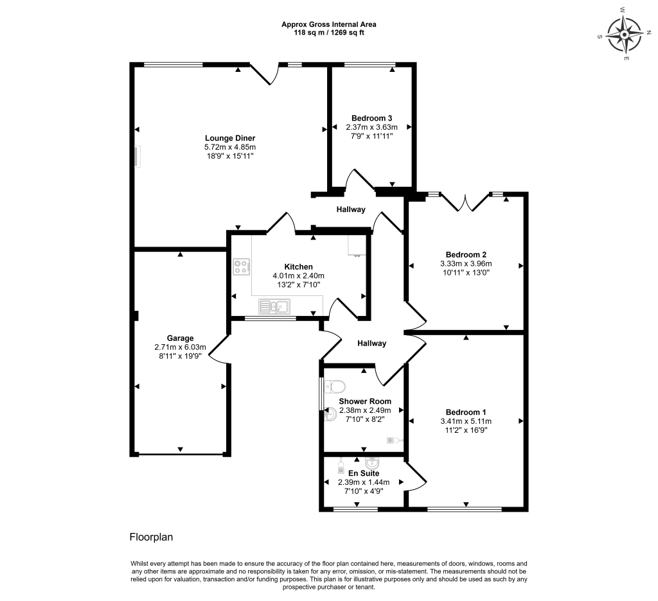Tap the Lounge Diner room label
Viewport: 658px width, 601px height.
tap(230, 138)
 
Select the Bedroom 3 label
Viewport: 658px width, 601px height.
tap(371, 118)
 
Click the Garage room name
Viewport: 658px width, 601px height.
tap(180, 338)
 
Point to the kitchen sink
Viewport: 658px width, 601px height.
tap(274, 306)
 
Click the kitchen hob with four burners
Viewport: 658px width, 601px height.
tap(242, 266)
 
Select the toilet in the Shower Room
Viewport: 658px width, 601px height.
tap(335, 386)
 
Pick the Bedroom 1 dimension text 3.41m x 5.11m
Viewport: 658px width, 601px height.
tap(467, 421)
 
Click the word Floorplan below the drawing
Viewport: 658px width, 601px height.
tap(152, 536)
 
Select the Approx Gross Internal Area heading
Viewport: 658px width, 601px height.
tap(329, 24)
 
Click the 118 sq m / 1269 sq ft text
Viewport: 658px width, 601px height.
tap(329, 32)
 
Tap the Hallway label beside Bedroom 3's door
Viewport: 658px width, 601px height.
tap(351, 209)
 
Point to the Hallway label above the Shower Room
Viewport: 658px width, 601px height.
tap(372, 344)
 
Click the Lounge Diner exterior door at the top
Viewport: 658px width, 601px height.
tap(264, 74)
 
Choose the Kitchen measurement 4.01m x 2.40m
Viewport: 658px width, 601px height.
tap(298, 276)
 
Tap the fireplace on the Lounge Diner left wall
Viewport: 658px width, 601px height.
tap(138, 156)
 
